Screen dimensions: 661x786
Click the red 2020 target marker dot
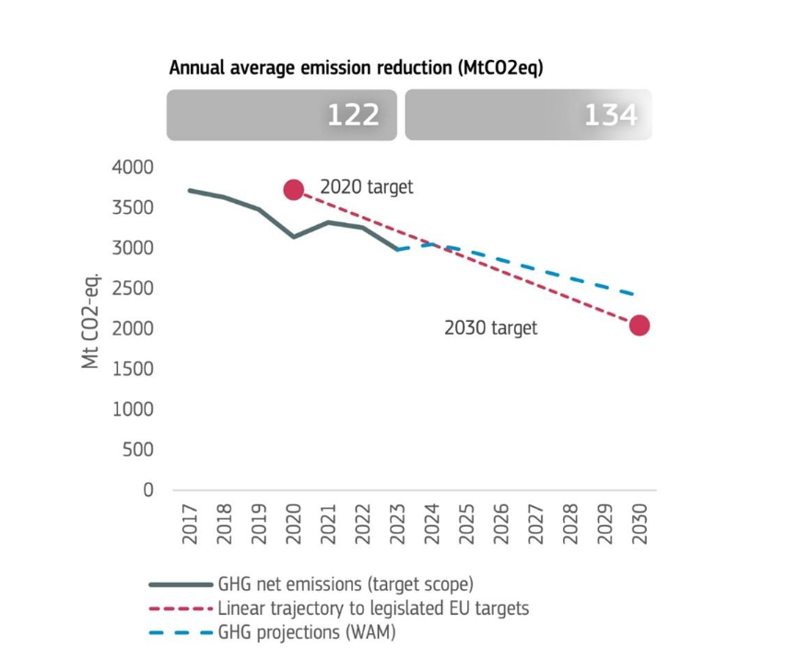(294, 190)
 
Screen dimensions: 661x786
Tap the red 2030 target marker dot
(639, 325)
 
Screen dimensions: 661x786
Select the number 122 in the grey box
(353, 115)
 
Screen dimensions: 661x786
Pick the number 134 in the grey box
(610, 115)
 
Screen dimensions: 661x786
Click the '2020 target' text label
(367, 187)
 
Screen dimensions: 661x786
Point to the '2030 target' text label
(490, 328)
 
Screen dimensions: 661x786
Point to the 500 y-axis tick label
(138, 450)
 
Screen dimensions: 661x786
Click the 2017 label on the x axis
(190, 523)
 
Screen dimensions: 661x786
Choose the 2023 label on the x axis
(397, 523)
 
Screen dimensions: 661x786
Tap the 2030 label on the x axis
(639, 523)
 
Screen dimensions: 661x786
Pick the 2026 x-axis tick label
(501, 523)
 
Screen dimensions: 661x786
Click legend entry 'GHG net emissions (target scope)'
(346, 584)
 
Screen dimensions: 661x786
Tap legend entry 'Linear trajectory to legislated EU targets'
(373, 608)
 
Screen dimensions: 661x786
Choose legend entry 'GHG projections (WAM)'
(307, 631)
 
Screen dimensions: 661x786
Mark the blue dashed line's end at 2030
(636, 295)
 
